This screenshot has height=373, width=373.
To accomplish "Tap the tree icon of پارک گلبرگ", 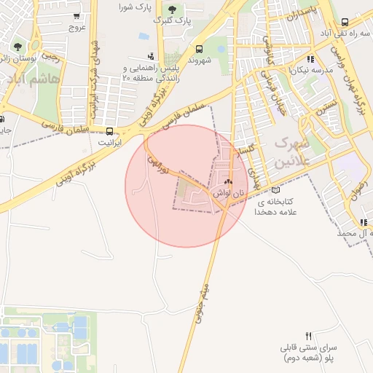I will point(172,9).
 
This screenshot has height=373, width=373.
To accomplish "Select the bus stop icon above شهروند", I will point(199,49).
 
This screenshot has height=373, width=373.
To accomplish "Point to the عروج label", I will point(77,28).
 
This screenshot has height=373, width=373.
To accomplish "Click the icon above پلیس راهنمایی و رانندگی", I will point(150,55).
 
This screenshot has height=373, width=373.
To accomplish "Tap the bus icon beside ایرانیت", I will point(109,132).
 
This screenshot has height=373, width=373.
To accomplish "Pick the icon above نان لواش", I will point(229,182).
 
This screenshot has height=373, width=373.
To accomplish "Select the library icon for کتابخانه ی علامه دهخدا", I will point(275,190).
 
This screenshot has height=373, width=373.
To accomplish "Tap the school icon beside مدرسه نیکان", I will point(310,59).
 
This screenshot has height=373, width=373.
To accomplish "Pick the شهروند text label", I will point(198,61).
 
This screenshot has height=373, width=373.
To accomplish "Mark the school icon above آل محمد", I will point(363,222).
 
